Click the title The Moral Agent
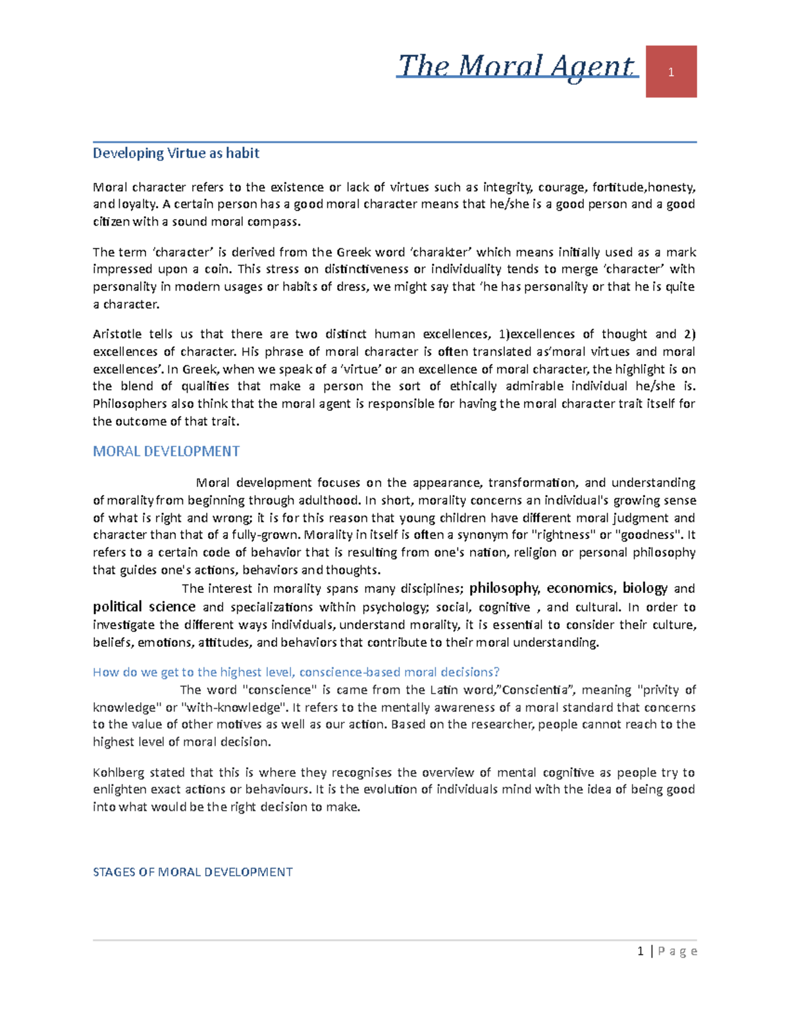517,66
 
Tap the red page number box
671,72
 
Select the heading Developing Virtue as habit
176,153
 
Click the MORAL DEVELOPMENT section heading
166,451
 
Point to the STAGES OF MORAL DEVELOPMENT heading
192,872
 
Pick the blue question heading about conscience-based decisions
296,672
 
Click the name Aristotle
117,334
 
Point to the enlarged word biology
645,588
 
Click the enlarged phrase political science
144,606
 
